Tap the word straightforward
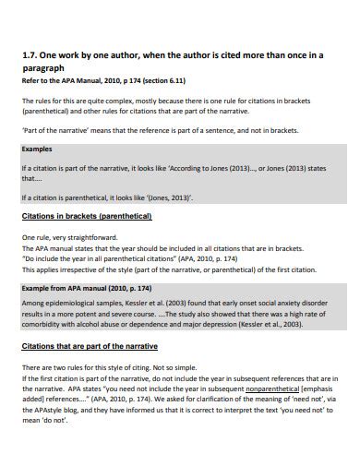(x=95, y=238)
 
